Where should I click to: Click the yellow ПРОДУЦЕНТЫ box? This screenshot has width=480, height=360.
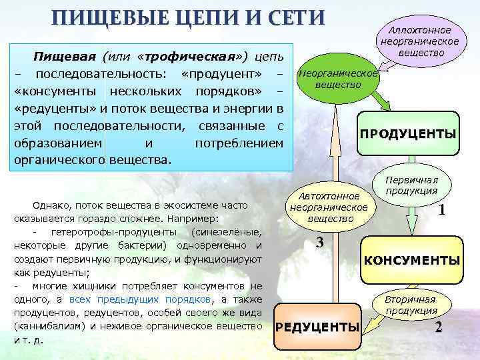coord(408,134)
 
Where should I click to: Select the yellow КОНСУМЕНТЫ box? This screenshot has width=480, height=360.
coord(411,260)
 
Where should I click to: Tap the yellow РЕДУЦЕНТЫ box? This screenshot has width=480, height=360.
coord(317,327)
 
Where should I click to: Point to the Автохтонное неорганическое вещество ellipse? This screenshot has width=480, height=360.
coord(329,207)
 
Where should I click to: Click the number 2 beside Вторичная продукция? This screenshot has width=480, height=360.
coord(438,327)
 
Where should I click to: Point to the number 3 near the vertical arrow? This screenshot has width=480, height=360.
coord(319,243)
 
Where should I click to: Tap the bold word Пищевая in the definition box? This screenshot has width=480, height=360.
coord(66,53)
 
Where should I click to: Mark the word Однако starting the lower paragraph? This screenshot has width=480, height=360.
coord(50,205)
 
